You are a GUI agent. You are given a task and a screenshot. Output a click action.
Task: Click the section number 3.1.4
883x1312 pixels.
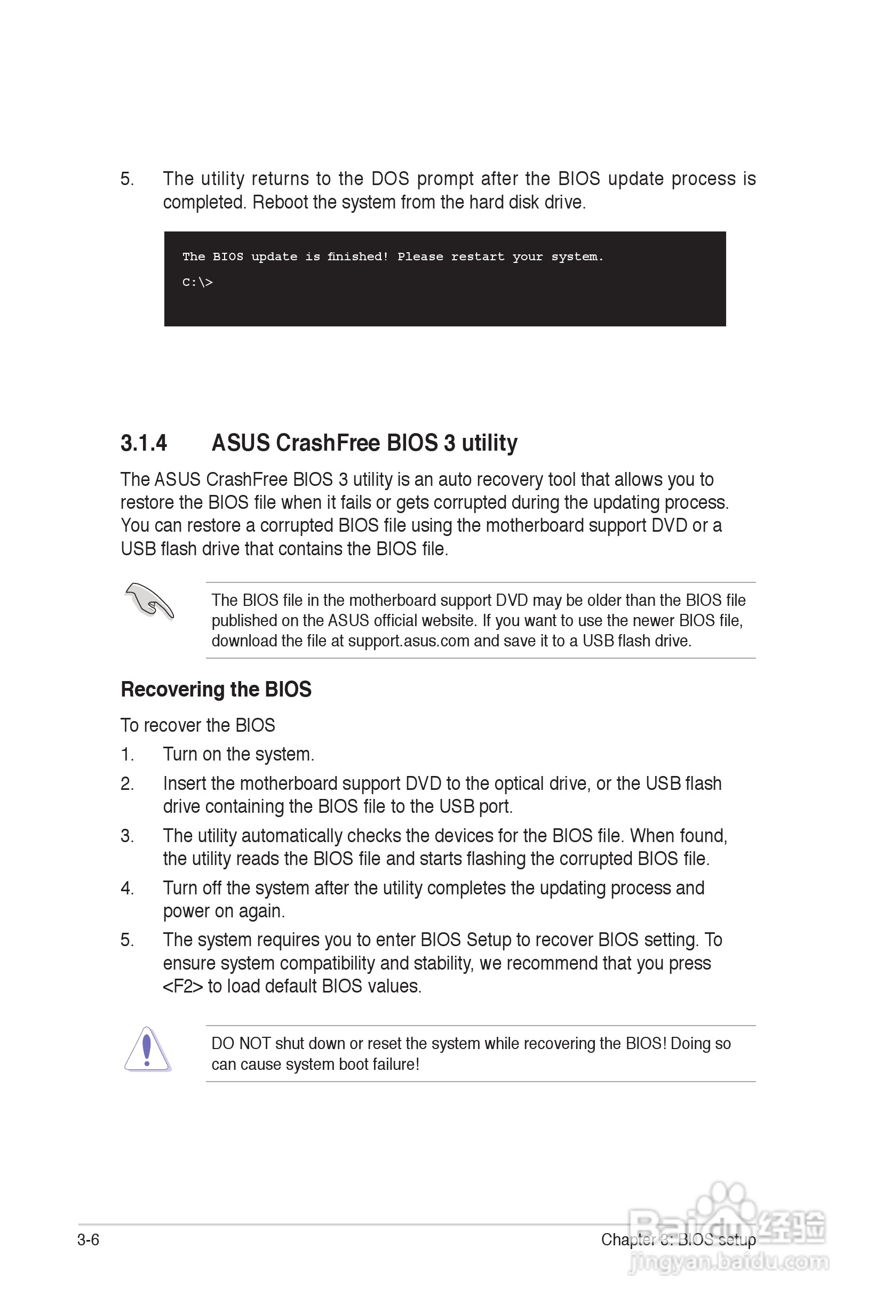144,443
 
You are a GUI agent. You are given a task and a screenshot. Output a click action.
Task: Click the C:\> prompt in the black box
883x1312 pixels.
197,283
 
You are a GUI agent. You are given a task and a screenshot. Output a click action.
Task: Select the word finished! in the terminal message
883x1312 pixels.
357,257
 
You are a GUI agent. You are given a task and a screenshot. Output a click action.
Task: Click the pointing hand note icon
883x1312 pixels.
149,601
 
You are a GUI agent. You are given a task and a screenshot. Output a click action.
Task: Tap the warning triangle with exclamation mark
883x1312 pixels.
147,1049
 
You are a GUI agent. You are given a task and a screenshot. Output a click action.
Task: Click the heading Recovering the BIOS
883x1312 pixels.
216,690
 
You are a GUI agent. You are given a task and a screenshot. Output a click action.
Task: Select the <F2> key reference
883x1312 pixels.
182,986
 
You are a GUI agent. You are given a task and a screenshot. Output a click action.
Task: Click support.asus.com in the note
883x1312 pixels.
408,641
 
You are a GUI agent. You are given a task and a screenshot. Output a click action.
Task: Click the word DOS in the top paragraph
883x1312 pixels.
389,179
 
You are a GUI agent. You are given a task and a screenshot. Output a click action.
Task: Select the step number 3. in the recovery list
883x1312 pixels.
128,835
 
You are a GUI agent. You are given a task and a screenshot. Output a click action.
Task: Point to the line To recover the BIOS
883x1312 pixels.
197,725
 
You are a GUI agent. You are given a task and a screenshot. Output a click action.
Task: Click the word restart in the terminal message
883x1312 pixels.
478,257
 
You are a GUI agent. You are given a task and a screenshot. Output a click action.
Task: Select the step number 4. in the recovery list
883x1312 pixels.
128,887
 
